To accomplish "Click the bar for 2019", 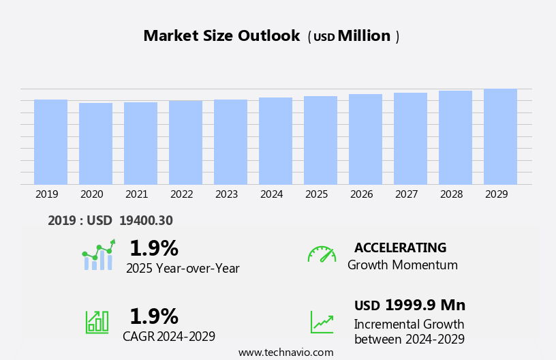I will (x=50, y=142).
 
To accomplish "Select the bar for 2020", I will (x=95, y=143).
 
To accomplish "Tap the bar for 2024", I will (x=275, y=140).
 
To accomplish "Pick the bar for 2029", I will (x=500, y=136).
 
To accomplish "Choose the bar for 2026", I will (x=365, y=139).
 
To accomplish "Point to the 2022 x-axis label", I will (x=181, y=194).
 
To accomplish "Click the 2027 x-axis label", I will (x=406, y=194).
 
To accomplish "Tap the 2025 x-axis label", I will (x=316, y=194).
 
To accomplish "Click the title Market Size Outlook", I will (x=221, y=36).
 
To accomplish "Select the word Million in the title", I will (x=364, y=36).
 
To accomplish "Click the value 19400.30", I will (x=146, y=220).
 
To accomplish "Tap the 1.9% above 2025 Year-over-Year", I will (x=153, y=248).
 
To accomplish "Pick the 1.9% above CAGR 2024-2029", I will (x=153, y=316).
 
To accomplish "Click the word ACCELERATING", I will (x=400, y=247).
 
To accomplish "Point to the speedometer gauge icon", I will (x=322, y=254).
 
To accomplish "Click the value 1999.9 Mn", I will (x=425, y=305).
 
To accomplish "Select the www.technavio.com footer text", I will (x=285, y=352).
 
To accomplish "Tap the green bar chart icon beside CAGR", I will (x=97, y=321).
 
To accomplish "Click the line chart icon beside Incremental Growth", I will (x=322, y=322).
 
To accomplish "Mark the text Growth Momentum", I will (x=402, y=265).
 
